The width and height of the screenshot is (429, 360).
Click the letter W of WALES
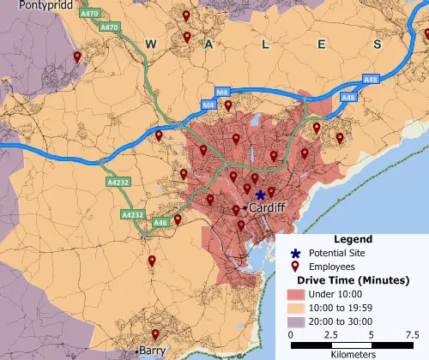click(151, 43)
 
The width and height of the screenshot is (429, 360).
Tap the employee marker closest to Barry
click(155, 334)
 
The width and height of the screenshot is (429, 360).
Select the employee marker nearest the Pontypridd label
click(77, 57)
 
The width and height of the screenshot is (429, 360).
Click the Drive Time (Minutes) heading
click(353, 280)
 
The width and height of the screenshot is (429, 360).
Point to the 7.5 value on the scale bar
click(413, 334)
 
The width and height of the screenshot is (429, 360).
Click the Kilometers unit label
click(353, 353)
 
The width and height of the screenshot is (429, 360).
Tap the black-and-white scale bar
click(353, 345)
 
